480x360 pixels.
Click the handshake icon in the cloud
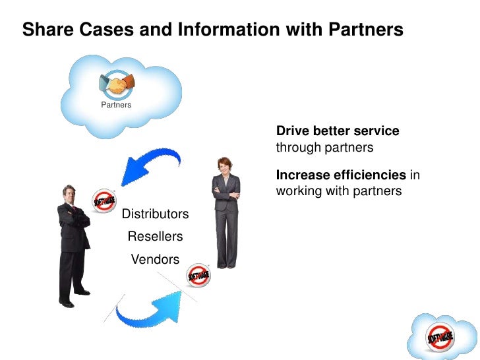[x=116, y=84]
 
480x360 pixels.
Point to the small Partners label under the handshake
[x=116, y=105]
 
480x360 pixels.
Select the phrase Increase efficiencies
[x=341, y=175]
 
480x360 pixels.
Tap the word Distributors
[x=156, y=214]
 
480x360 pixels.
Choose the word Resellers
[x=155, y=236]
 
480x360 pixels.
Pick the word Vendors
[x=155, y=259]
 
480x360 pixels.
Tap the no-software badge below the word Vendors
[x=198, y=276]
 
